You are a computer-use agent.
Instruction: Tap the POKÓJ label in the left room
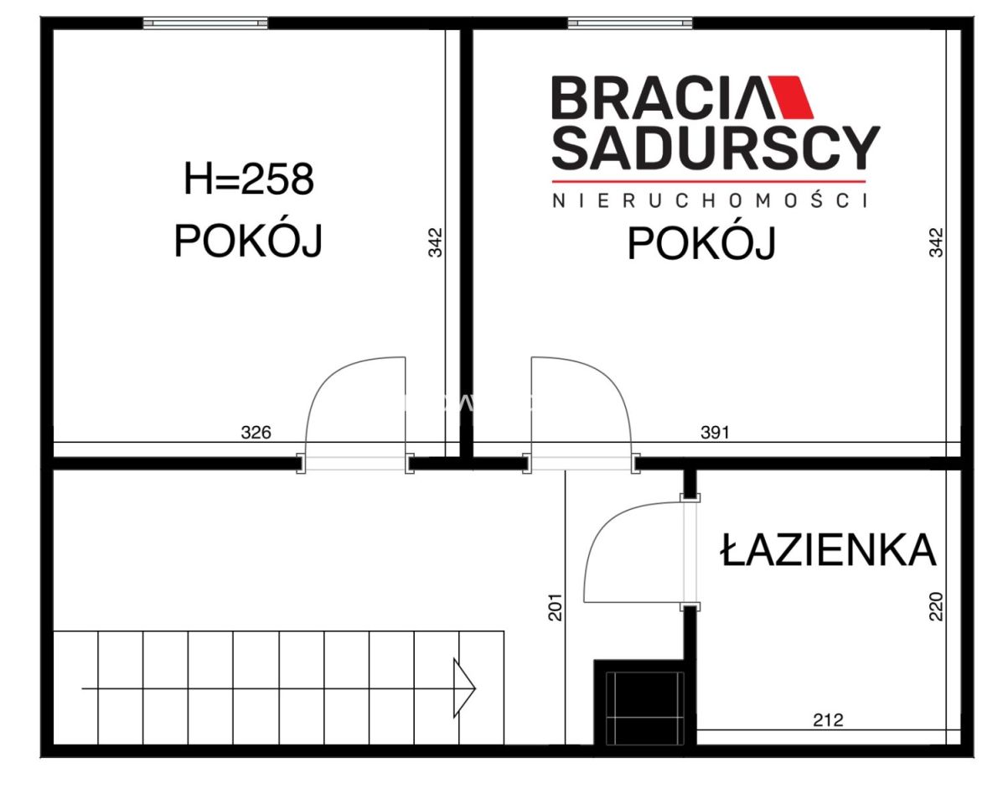pos(248,242)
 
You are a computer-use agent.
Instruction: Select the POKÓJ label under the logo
pos(701,244)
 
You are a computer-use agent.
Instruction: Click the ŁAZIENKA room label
pos(828,550)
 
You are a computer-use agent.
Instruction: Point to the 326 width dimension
pos(256,433)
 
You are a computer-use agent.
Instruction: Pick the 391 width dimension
pos(715,433)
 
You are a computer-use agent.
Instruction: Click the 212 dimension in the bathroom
pos(828,719)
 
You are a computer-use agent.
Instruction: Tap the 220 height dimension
pos(937,606)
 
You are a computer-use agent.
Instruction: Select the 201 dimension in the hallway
pos(554,606)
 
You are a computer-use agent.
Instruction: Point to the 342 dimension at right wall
pos(937,242)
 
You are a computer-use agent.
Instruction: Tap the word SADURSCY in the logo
pos(716,148)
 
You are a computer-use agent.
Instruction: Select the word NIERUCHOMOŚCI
pos(709,200)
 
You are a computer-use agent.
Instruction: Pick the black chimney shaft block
pos(640,703)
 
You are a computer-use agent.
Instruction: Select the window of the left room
pos(205,23)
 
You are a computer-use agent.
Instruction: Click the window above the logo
pos(630,23)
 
